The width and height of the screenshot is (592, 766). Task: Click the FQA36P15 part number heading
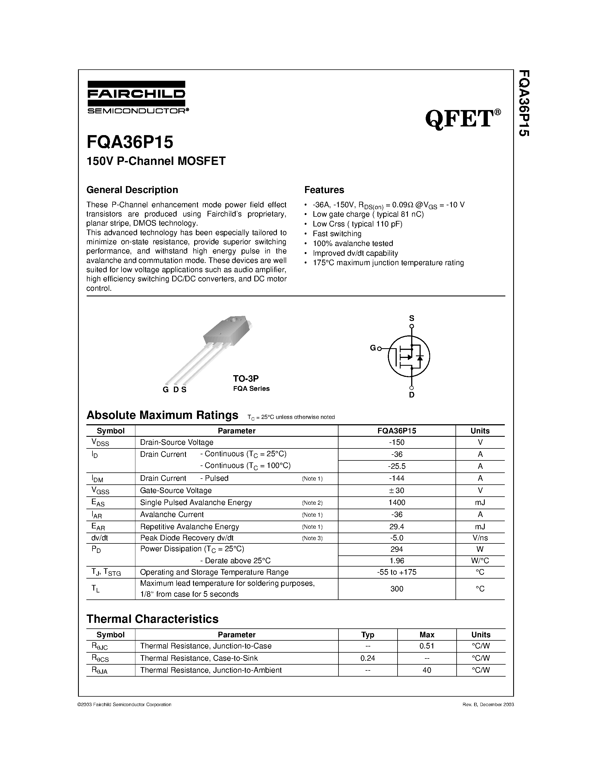(x=130, y=142)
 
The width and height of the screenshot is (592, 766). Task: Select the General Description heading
(x=132, y=190)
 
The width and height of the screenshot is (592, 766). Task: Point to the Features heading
(x=324, y=190)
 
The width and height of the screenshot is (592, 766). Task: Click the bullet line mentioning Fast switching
(x=337, y=234)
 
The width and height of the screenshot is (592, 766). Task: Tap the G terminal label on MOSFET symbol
(x=372, y=348)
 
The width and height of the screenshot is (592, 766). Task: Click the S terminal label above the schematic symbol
(x=412, y=318)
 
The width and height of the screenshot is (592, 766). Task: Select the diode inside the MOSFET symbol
(x=420, y=357)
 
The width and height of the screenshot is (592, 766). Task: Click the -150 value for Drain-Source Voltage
(x=397, y=442)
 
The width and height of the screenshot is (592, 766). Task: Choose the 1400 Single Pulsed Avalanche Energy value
(x=397, y=502)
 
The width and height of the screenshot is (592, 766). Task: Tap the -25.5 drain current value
(x=397, y=466)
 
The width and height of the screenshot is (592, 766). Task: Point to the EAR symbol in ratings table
(x=98, y=526)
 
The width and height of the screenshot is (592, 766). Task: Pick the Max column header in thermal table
(x=427, y=635)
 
